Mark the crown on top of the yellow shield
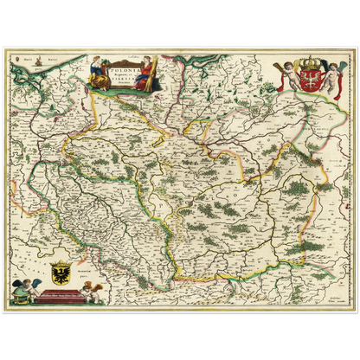61,261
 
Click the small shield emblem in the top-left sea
10,59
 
